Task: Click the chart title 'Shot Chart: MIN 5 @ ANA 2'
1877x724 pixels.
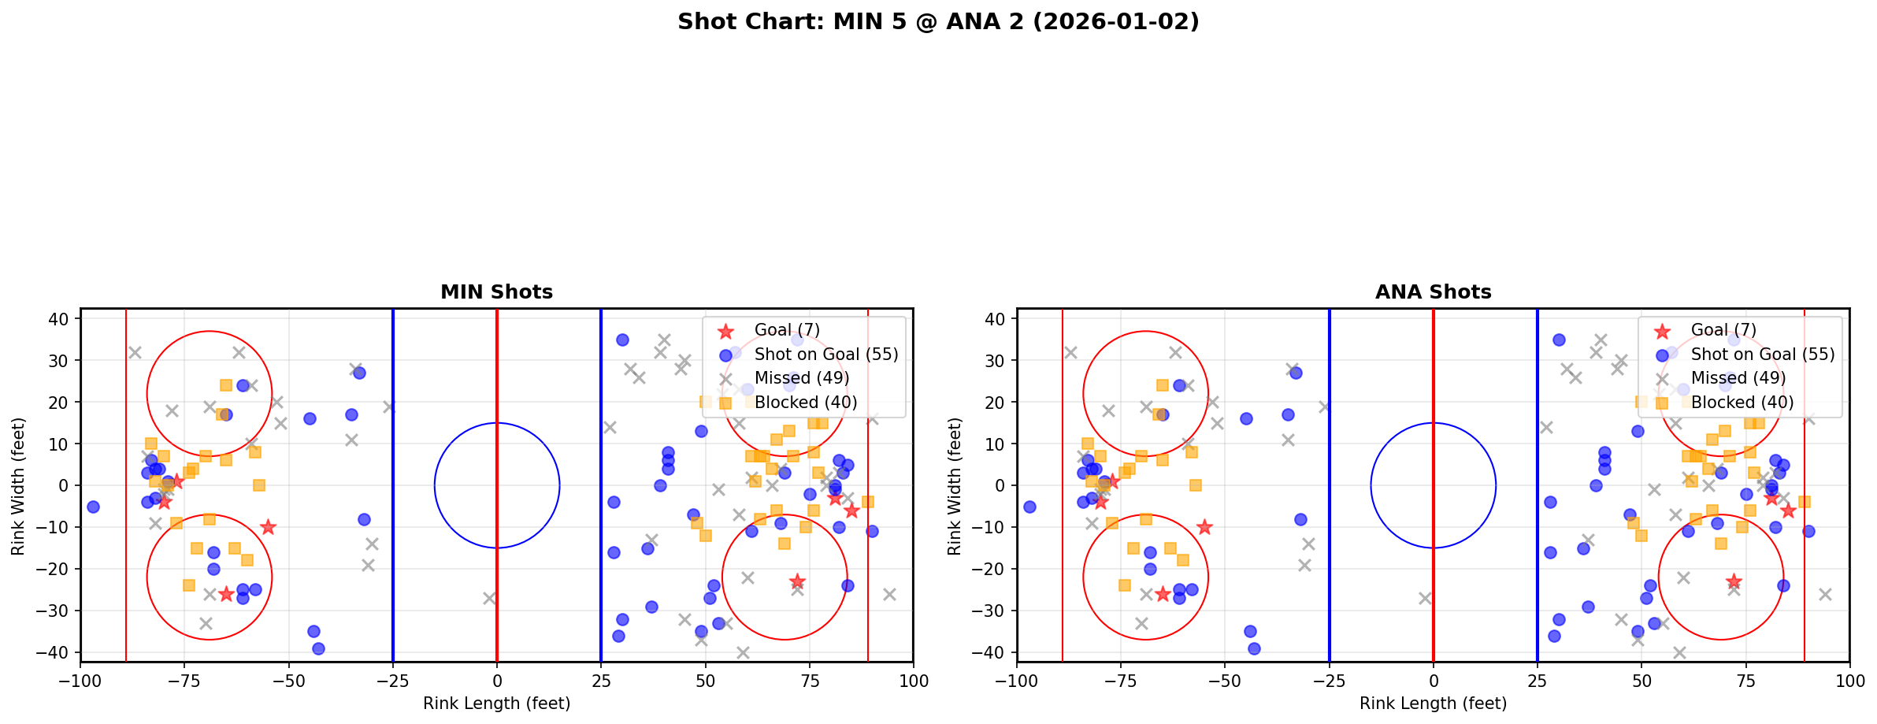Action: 938,21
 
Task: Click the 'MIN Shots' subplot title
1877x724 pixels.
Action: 496,292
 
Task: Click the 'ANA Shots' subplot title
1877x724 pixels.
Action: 1433,292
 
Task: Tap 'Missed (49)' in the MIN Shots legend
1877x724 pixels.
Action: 801,378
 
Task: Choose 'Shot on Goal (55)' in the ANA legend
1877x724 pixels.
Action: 1762,355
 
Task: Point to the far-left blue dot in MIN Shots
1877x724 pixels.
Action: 93,507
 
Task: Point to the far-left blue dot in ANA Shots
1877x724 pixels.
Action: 1029,507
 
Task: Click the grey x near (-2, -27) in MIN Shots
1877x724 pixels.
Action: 489,598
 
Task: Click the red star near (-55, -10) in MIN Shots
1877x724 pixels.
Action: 268,527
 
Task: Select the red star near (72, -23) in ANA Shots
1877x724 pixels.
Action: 1734,581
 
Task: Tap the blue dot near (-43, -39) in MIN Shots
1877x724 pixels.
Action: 318,648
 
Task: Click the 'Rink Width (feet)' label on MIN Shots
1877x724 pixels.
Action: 17,486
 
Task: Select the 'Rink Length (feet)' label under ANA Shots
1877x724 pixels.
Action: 1433,704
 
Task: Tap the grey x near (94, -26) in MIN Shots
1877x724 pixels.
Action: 889,594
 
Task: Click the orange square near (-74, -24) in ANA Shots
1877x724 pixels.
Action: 1125,585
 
